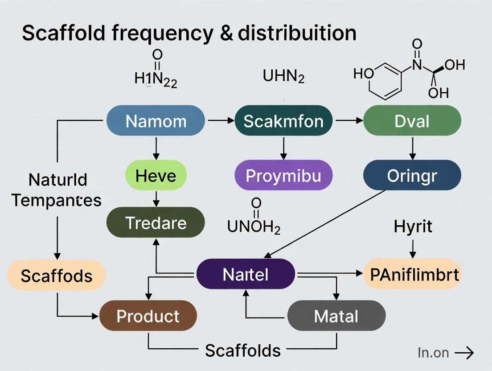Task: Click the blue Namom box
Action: click(156, 121)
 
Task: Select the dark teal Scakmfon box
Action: click(283, 121)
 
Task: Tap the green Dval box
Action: click(412, 121)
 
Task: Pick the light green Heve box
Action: click(156, 175)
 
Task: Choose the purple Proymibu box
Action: click(283, 175)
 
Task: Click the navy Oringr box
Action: click(412, 175)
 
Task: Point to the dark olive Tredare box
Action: click(156, 222)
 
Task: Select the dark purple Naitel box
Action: click(246, 274)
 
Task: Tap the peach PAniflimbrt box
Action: click(412, 274)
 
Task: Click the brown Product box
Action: click(148, 316)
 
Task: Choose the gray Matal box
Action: click(336, 316)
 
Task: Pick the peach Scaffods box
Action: click(57, 275)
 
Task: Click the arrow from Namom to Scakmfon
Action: click(220, 121)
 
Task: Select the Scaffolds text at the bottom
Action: click(243, 350)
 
